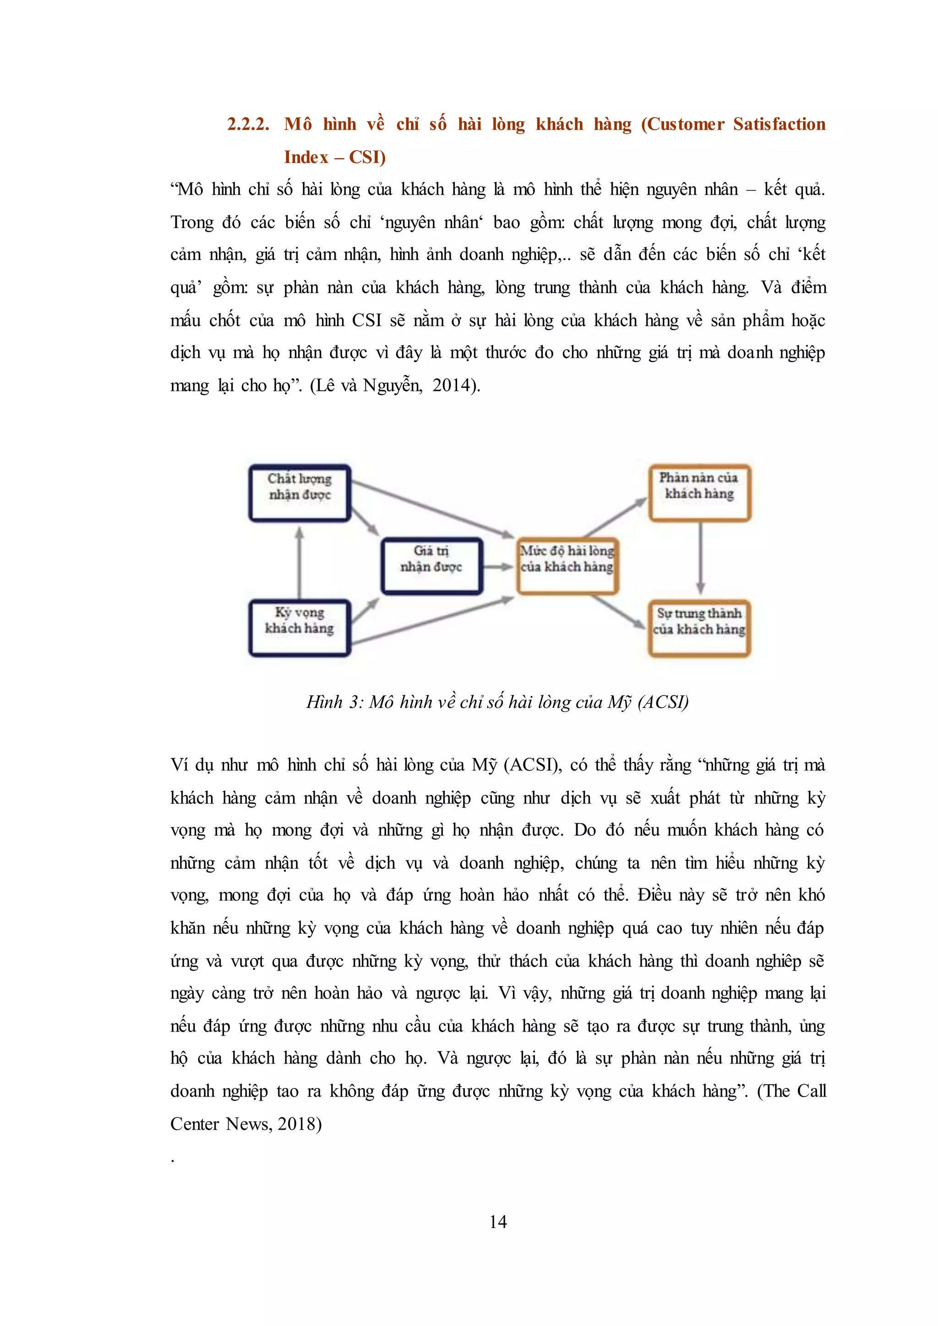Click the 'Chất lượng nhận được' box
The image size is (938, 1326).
point(300,493)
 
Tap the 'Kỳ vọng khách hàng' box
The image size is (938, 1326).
point(300,628)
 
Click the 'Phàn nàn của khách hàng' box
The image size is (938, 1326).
point(699,493)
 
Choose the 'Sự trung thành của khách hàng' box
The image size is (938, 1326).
point(699,628)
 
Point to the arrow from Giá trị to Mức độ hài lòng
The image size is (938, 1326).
point(497,566)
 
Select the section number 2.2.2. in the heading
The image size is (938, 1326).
point(248,125)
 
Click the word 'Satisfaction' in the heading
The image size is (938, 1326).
point(779,125)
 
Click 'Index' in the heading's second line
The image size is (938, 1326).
point(306,158)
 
